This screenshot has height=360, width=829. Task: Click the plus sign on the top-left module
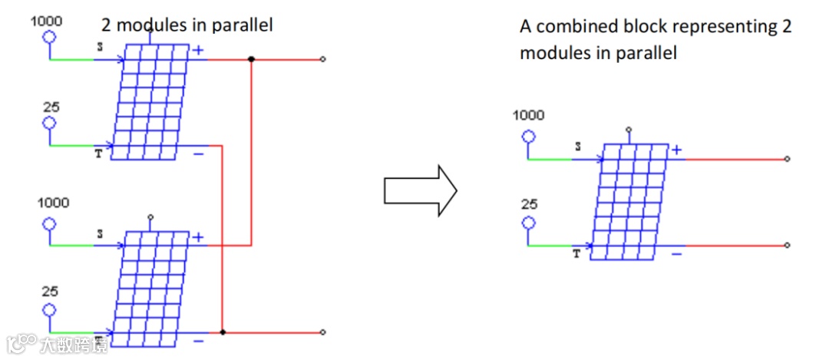(198, 51)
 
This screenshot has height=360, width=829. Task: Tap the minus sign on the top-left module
(198, 154)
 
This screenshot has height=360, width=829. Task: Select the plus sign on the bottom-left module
(198, 237)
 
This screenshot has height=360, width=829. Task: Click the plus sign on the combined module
(676, 150)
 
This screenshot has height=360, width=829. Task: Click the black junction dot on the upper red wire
(252, 59)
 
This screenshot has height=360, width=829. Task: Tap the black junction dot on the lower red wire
(223, 332)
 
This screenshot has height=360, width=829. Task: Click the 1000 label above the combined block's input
(528, 116)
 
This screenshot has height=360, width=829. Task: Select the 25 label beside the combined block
(528, 205)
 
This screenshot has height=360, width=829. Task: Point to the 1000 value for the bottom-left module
(53, 203)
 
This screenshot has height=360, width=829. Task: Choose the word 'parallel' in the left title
(243, 25)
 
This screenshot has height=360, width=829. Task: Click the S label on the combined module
(578, 146)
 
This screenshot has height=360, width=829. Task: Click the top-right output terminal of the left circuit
(323, 59)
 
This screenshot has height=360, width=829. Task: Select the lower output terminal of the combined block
(788, 246)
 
